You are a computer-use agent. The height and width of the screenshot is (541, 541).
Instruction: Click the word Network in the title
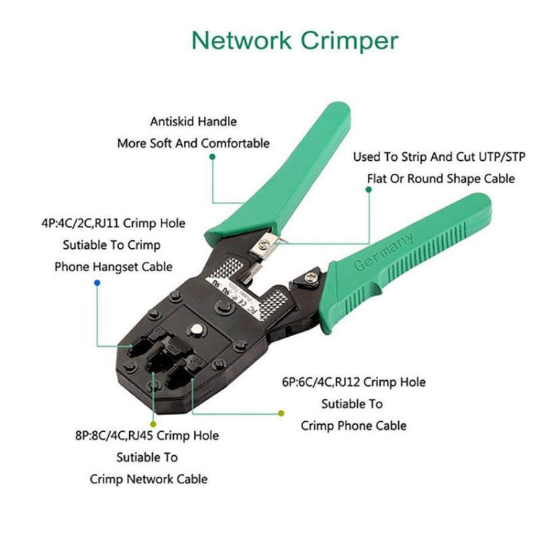[241, 41]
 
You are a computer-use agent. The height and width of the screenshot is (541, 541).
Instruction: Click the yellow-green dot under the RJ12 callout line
[281, 413]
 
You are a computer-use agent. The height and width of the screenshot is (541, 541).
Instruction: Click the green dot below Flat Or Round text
[369, 190]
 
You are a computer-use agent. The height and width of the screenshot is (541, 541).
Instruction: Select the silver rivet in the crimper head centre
[196, 333]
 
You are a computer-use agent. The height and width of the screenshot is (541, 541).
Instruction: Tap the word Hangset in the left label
[118, 267]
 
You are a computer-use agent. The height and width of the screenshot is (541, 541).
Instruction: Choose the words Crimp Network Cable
[149, 479]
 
